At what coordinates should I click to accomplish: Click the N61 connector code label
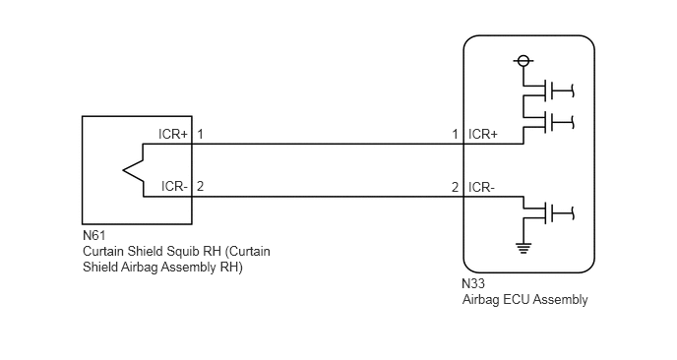click(94, 236)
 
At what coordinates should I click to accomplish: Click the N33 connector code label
click(473, 283)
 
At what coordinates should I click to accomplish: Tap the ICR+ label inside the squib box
click(173, 134)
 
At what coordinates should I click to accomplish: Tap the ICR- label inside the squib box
click(174, 187)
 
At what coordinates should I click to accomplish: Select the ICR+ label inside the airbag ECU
click(483, 134)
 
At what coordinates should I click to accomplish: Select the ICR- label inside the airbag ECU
click(482, 187)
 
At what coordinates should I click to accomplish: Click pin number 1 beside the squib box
click(200, 134)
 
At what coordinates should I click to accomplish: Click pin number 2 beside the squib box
click(200, 187)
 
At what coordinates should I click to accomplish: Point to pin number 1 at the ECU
click(455, 134)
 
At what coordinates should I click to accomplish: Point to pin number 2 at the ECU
click(455, 187)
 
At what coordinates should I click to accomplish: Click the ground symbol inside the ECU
click(523, 248)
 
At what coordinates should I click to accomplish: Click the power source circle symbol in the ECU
click(523, 61)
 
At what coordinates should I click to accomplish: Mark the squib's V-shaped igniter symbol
click(133, 170)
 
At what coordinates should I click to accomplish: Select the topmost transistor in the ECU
click(548, 90)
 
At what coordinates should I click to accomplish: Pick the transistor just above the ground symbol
click(548, 213)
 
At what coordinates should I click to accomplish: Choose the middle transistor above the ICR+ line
click(548, 122)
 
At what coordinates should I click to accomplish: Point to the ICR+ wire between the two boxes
click(328, 144)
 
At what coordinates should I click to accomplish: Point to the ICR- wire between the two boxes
click(328, 197)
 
